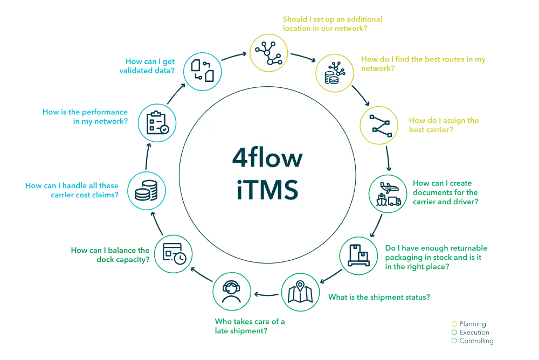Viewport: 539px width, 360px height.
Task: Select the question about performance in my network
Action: coord(85,116)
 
